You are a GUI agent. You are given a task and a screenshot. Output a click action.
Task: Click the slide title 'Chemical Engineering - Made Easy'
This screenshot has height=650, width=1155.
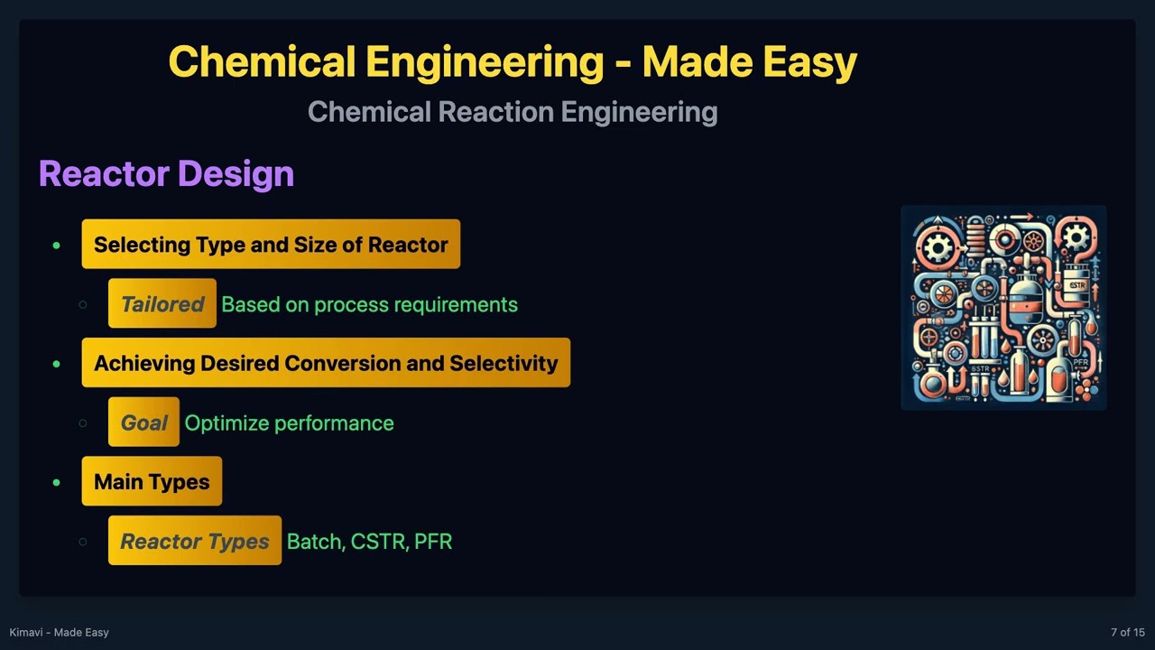click(x=513, y=62)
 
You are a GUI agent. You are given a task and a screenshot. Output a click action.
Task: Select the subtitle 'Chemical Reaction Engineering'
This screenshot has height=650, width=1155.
click(x=513, y=112)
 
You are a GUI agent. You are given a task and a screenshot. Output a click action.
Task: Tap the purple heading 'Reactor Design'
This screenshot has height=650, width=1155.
click(x=166, y=173)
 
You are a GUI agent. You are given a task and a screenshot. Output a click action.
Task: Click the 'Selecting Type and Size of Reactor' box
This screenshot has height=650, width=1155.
click(x=271, y=245)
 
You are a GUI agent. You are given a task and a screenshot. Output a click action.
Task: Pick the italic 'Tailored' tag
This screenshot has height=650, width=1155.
click(x=162, y=304)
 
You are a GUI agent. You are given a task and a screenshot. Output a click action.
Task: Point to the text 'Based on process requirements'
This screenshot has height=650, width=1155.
click(x=369, y=304)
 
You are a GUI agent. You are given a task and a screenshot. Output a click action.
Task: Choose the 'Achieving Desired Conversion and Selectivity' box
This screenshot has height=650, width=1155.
click(x=326, y=363)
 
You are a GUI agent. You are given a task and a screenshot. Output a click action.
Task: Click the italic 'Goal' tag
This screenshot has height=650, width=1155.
click(x=144, y=422)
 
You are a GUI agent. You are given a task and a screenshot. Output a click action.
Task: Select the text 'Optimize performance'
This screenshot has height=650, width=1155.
click(x=289, y=422)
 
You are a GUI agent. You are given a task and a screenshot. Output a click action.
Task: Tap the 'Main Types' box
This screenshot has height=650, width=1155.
click(x=152, y=482)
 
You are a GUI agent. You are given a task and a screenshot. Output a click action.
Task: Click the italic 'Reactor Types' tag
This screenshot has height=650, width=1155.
click(x=195, y=542)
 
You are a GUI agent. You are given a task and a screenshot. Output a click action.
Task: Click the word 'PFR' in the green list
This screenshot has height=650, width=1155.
click(x=433, y=542)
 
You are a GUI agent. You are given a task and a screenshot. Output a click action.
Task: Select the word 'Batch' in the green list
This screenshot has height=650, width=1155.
click(x=315, y=542)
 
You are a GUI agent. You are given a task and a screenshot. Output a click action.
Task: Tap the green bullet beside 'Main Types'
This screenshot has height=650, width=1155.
click(x=57, y=482)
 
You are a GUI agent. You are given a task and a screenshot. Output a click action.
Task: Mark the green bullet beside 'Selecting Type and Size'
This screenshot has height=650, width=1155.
click(x=57, y=245)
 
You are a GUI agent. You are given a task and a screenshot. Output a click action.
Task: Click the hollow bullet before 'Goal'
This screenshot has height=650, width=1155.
click(x=83, y=422)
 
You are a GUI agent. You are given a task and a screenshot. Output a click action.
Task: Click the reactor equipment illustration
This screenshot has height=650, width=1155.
click(x=1003, y=308)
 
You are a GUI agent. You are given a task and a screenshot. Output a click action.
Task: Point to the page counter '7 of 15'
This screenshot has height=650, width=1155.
click(x=1127, y=632)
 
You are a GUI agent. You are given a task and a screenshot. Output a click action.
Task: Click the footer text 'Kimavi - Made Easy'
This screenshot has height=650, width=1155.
click(x=59, y=632)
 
